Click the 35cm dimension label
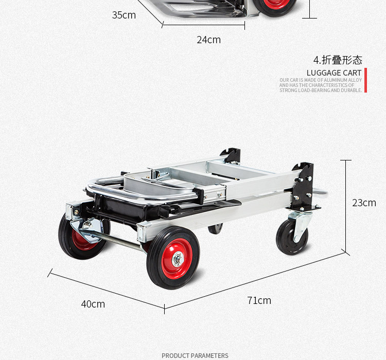click(124, 15)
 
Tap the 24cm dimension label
click(208, 40)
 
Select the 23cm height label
click(364, 203)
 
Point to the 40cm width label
click(93, 304)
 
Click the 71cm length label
click(259, 300)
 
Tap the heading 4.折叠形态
click(338, 60)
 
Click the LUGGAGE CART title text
click(334, 73)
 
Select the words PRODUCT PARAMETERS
click(195, 355)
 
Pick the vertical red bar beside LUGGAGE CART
click(365, 80)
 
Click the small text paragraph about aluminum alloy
click(321, 85)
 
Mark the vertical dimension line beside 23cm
click(345, 206)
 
